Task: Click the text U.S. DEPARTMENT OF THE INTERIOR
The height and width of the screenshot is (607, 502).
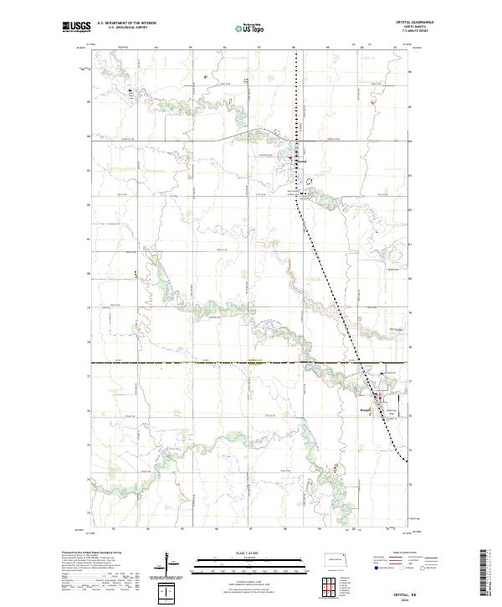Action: pyautogui.click(x=126, y=24)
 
